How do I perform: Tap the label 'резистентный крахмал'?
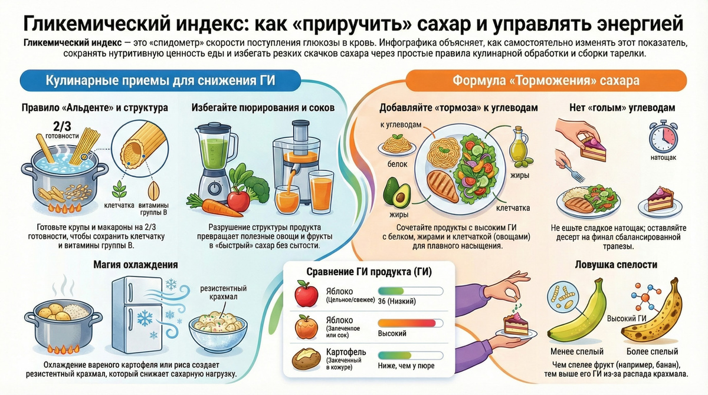tap(224, 292)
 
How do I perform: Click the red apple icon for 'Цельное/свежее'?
tap(306, 294)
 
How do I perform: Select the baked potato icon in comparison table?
tap(306, 357)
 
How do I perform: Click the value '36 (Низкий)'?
tap(397, 301)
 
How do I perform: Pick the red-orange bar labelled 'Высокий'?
tap(409, 323)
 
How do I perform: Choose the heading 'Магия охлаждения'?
tap(136, 265)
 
